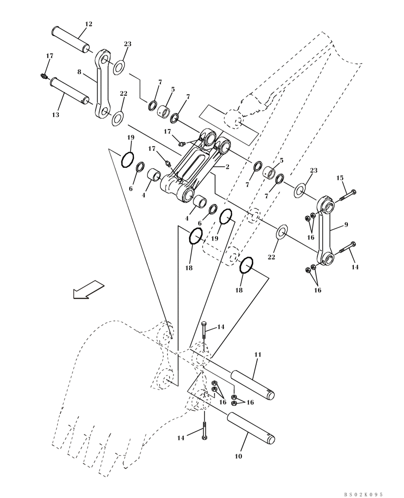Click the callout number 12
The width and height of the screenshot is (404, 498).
coord(89,24)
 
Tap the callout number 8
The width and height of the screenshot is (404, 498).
coord(79,72)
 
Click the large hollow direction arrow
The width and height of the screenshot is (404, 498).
coord(88,290)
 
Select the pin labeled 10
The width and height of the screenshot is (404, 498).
coord(251,427)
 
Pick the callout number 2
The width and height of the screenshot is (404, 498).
coord(227,167)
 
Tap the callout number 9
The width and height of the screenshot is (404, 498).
coord(346,225)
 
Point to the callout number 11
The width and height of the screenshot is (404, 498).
coord(258,355)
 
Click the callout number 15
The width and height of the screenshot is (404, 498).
coord(340,178)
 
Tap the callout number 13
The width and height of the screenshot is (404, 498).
coord(55,115)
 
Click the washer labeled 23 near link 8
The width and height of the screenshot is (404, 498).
coord(119,67)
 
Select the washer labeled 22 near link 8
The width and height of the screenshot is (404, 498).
coord(118,118)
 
